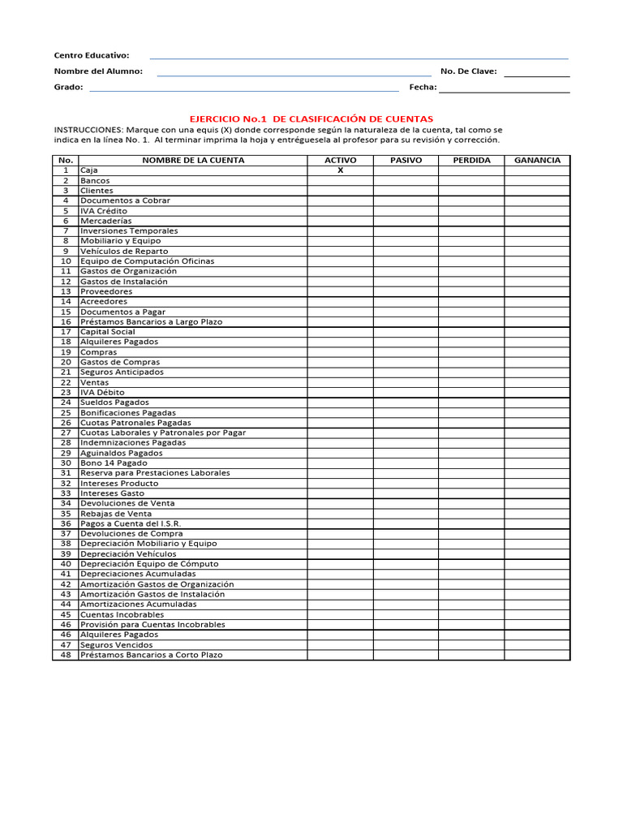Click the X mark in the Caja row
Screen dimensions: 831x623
[x=340, y=170]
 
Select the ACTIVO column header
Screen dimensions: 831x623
[x=340, y=161]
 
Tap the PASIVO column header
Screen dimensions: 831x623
[x=406, y=161]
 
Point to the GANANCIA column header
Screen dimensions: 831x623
[x=537, y=161]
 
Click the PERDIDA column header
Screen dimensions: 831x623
[x=471, y=161]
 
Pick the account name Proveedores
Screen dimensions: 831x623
[x=106, y=291]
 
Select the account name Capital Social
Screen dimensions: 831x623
[x=108, y=332]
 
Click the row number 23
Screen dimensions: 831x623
[x=66, y=392]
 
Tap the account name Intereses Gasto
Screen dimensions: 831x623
[x=112, y=493]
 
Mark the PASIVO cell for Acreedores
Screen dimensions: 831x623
[x=406, y=302]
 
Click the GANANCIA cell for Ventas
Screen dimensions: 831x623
[x=537, y=382]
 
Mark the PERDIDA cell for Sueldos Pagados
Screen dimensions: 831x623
[x=471, y=403]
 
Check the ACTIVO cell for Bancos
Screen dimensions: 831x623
[x=340, y=181]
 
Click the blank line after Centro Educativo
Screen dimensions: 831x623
[x=359, y=58]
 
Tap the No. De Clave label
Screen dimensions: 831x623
[x=468, y=71]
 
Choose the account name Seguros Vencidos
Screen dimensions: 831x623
[x=116, y=645]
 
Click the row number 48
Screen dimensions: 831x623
[x=66, y=655]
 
